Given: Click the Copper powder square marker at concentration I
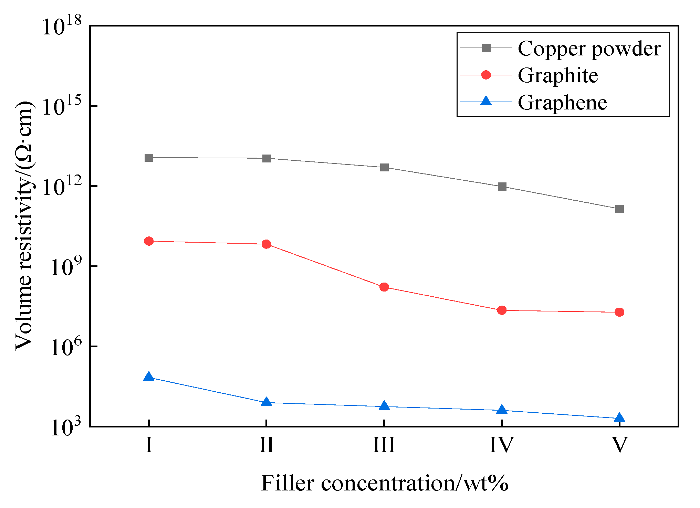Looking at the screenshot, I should click(149, 158).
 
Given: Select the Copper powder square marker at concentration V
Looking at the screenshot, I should click(619, 209).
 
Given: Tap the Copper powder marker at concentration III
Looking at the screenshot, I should click(384, 168).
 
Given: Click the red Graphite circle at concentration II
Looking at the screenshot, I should click(267, 244).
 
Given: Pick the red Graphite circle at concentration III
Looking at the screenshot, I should click(384, 287).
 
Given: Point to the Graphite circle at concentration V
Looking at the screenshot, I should click(619, 312).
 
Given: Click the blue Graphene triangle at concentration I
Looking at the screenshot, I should click(149, 377).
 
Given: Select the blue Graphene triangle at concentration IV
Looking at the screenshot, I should click(502, 410).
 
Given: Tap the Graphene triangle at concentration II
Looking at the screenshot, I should click(267, 402).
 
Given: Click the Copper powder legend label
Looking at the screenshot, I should click(589, 49).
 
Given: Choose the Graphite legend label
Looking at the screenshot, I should click(558, 75).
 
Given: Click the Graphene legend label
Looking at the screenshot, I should click(562, 103).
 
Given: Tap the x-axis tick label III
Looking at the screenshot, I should click(384, 445).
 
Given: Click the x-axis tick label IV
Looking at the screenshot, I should click(502, 445).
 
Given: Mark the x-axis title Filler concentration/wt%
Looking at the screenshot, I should click(385, 483).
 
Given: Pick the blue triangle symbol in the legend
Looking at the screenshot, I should click(486, 102).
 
